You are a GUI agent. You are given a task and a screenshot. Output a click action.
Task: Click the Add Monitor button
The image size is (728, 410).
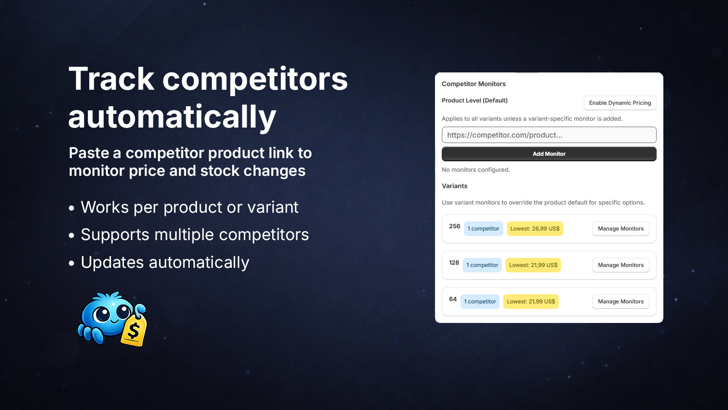pyautogui.click(x=549, y=154)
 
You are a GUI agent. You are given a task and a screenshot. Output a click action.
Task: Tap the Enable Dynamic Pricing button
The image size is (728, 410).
pyautogui.click(x=620, y=103)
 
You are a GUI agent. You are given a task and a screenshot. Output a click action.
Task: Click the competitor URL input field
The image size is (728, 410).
pyautogui.click(x=549, y=135)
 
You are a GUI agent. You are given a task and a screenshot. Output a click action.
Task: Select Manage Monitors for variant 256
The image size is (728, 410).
pyautogui.click(x=621, y=228)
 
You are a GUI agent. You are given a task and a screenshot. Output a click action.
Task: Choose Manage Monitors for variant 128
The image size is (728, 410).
pyautogui.click(x=621, y=265)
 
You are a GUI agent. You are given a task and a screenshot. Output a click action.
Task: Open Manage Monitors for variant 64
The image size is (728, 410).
pyautogui.click(x=621, y=301)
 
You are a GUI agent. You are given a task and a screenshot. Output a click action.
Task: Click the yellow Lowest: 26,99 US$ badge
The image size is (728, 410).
pyautogui.click(x=535, y=228)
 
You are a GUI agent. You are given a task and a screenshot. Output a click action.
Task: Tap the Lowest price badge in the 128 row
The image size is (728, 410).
pyautogui.click(x=533, y=265)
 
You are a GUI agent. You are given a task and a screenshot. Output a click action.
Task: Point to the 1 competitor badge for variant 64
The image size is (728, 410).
pyautogui.click(x=480, y=301)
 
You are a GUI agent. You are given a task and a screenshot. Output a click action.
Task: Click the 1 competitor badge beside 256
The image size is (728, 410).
pyautogui.click(x=483, y=228)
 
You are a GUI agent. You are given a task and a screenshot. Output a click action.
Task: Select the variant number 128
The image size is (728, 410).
pyautogui.click(x=454, y=262)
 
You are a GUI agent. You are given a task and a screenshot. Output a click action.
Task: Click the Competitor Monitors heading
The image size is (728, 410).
pyautogui.click(x=474, y=84)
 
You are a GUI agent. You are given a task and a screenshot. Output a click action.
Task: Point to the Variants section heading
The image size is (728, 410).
pyautogui.click(x=455, y=186)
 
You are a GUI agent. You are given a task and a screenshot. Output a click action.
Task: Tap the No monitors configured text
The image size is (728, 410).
pyautogui.click(x=476, y=169)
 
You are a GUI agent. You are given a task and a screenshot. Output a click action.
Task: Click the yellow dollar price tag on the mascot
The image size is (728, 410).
pyautogui.click(x=134, y=331)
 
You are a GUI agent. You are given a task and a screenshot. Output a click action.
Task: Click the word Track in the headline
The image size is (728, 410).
pyautogui.click(x=111, y=79)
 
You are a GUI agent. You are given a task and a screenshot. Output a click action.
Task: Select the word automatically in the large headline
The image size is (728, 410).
pyautogui.click(x=172, y=117)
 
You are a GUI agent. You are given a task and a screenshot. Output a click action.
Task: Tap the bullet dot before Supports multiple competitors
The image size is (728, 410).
pyautogui.click(x=71, y=235)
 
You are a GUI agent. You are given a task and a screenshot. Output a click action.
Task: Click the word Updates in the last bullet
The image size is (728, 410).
pyautogui.click(x=112, y=263)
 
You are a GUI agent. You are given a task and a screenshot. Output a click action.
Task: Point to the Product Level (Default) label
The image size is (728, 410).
pyautogui.click(x=475, y=101)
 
